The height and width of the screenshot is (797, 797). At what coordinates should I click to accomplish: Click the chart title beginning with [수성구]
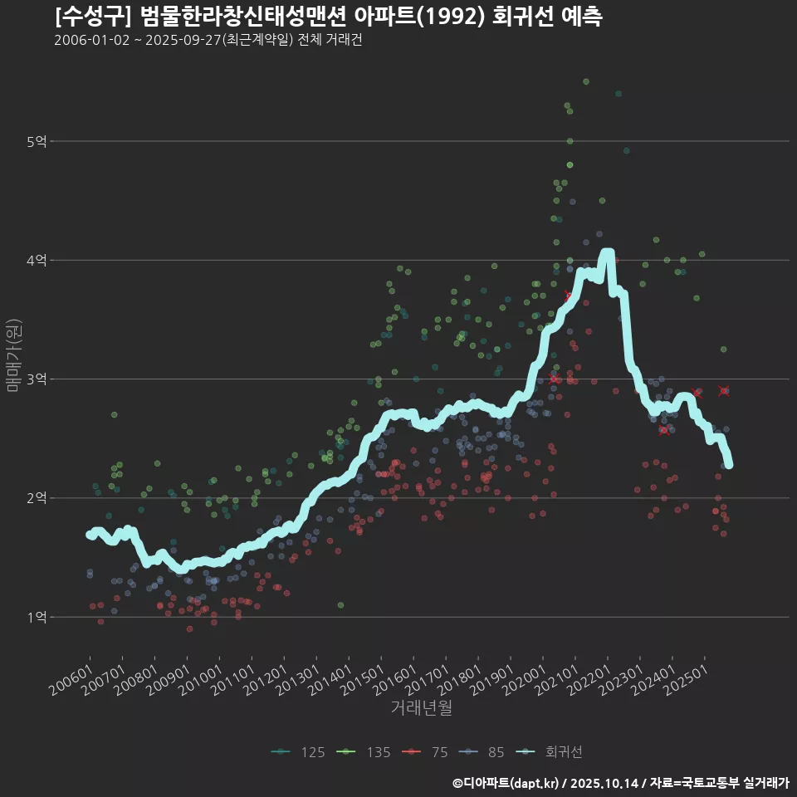(328, 16)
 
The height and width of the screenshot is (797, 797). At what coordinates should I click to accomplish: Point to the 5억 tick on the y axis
(37, 142)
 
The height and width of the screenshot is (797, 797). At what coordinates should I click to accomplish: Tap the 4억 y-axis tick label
(37, 261)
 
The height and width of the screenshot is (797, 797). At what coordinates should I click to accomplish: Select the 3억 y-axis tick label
(37, 379)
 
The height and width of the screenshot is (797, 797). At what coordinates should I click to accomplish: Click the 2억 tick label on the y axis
(37, 498)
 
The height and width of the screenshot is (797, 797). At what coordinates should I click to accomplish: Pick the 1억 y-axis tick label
(37, 617)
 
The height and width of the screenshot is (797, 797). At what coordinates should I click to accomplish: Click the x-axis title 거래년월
(421, 708)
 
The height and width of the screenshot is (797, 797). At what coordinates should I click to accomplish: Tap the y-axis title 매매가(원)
(14, 354)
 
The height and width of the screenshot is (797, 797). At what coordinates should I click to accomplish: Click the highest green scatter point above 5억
(586, 81)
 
